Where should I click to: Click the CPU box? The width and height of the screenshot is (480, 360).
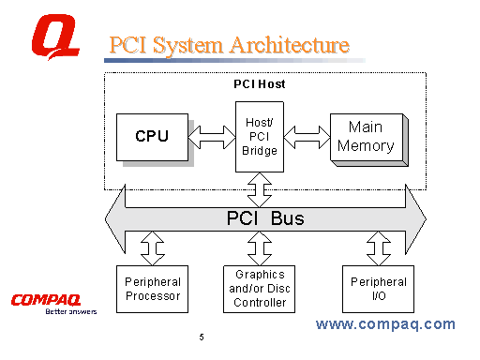pyautogui.click(x=151, y=137)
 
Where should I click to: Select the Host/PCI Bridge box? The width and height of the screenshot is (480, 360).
pyautogui.click(x=259, y=137)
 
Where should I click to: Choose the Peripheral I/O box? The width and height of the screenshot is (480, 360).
pyautogui.click(x=378, y=289)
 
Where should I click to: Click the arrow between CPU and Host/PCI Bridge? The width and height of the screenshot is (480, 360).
pyautogui.click(x=211, y=137)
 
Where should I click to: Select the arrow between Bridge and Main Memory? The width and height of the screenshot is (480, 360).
pyautogui.click(x=307, y=137)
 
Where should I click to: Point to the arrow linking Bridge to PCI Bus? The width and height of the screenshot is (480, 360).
pyautogui.click(x=259, y=189)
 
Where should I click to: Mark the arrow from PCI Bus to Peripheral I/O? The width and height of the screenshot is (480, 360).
pyautogui.click(x=378, y=248)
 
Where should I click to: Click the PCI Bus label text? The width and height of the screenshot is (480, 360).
pyautogui.click(x=265, y=219)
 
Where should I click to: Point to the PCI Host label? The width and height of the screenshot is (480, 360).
pyautogui.click(x=259, y=84)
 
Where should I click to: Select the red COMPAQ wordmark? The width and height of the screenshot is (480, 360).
pyautogui.click(x=45, y=299)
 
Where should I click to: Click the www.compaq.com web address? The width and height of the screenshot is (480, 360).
pyautogui.click(x=385, y=324)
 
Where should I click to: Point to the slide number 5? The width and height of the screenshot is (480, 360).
pyautogui.click(x=201, y=337)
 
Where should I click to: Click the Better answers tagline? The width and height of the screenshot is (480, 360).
pyautogui.click(x=71, y=312)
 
